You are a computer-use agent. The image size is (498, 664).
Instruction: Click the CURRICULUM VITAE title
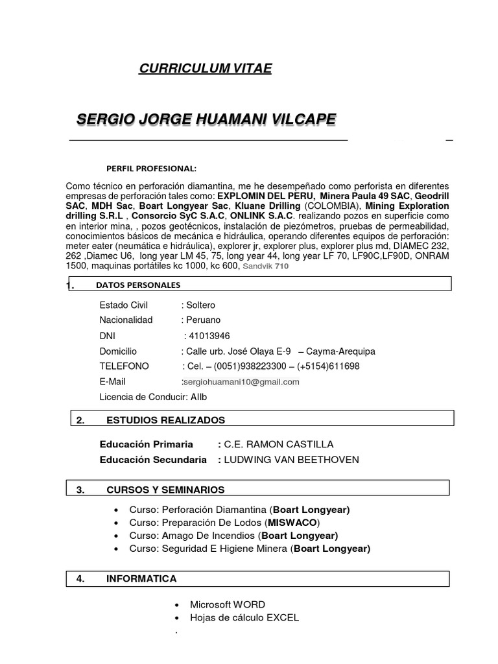[x=206, y=69]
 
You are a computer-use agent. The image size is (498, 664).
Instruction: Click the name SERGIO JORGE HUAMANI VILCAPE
[x=206, y=119]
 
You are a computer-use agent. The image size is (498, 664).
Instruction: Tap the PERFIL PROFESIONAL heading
[x=151, y=169]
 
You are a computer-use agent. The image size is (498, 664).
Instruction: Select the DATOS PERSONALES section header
[x=138, y=285]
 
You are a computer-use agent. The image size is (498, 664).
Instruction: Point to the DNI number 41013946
[x=207, y=335]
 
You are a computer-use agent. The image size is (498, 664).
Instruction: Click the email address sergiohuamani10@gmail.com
[x=242, y=382]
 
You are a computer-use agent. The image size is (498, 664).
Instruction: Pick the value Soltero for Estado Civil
[x=200, y=305]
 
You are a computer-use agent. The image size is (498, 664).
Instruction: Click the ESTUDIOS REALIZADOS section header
[x=165, y=420]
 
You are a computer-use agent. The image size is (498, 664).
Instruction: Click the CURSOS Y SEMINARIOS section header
[x=165, y=490]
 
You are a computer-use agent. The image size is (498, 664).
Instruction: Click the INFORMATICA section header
[x=141, y=579]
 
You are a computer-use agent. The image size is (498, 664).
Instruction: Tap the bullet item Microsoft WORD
[x=228, y=604]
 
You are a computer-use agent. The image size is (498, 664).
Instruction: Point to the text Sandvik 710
[x=266, y=266]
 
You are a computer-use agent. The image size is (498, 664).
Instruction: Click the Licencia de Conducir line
[x=153, y=397]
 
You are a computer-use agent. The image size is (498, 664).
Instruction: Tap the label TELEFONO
[x=124, y=366]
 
